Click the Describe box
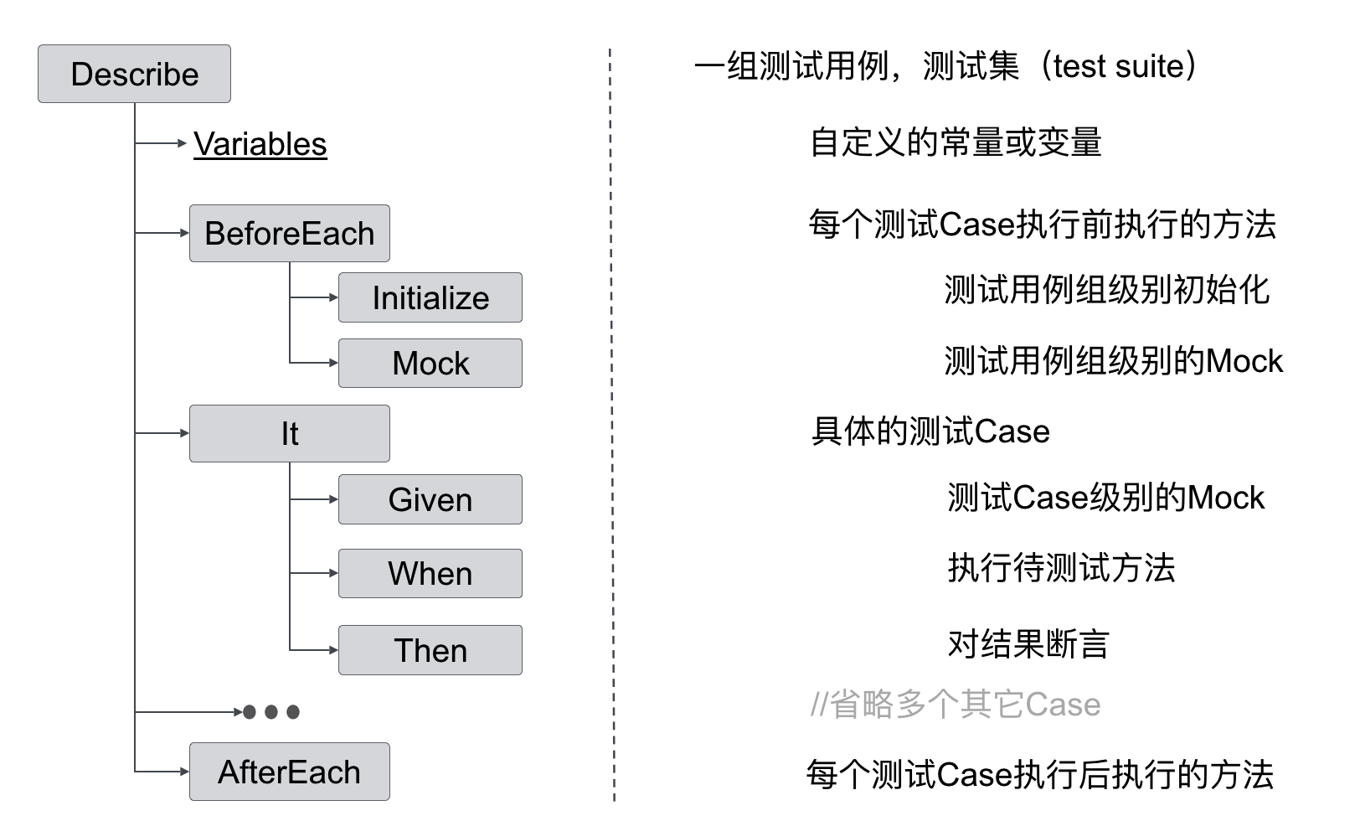134,74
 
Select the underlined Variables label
260,144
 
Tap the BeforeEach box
289,233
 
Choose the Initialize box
430,297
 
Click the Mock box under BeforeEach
430,363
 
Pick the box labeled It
289,433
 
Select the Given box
430,499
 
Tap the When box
430,573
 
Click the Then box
430,650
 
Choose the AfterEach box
289,772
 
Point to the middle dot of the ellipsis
270,712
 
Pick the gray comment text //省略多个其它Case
955,705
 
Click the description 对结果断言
1028,644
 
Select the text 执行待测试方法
1061,568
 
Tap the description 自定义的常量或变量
955,142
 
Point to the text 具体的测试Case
930,431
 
